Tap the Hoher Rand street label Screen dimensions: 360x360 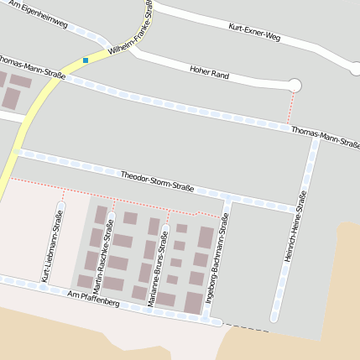(x=210, y=73)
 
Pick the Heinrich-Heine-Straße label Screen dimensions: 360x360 (x=295, y=227)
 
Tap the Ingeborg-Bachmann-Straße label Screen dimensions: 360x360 (x=215, y=258)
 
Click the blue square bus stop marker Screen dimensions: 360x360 (x=86, y=60)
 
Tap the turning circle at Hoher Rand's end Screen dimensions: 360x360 (x=295, y=85)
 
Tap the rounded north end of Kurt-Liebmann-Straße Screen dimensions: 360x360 (x=60, y=204)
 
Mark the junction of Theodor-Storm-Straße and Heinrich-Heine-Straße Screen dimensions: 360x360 (x=303, y=207)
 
